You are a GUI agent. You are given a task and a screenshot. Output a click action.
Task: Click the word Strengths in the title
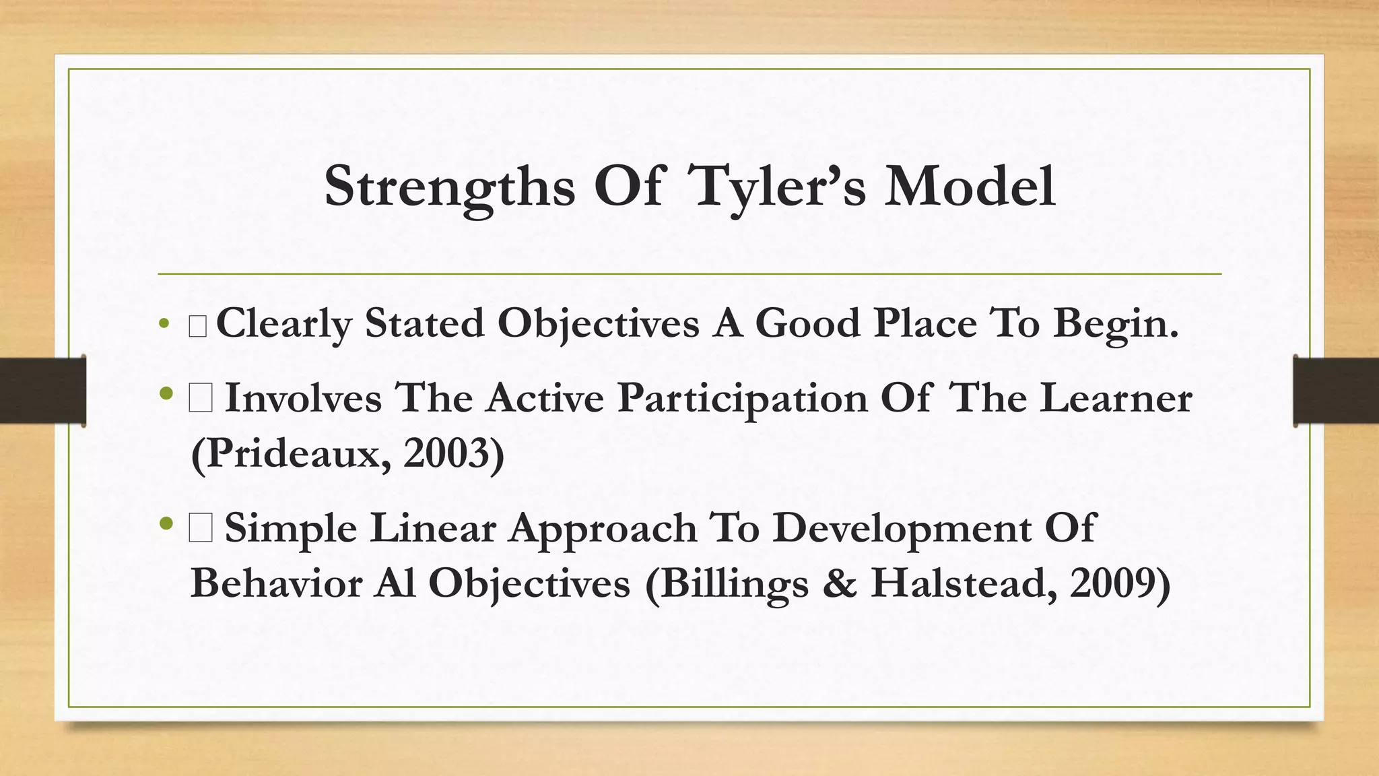tap(449, 187)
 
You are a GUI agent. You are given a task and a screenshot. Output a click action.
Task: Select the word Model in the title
tap(970, 187)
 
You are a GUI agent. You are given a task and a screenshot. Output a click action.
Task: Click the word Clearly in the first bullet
tap(283, 323)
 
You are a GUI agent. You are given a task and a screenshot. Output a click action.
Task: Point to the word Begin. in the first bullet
tap(1116, 323)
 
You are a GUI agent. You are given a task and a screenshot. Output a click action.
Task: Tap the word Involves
tap(303, 397)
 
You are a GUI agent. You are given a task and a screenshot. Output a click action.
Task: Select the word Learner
tap(1116, 397)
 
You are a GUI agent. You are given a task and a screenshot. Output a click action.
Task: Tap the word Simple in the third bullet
tap(291, 527)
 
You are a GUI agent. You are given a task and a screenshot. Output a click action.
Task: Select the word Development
tap(901, 527)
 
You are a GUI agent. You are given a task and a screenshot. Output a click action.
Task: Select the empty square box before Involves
tap(201, 397)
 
